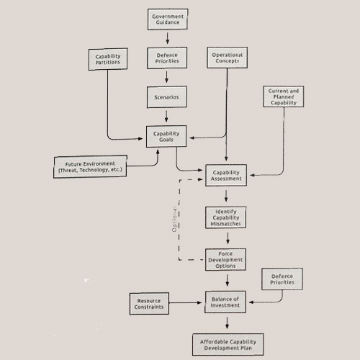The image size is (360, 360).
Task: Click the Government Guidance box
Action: pos(168,19)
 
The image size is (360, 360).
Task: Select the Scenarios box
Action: pos(167,97)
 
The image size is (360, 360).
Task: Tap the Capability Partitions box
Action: pos(108,59)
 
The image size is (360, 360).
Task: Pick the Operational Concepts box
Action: pos(228,58)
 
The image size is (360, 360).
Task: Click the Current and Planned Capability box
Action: pos(284,96)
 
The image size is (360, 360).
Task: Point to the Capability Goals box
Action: pos(166,136)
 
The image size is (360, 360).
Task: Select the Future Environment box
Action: pos(90,166)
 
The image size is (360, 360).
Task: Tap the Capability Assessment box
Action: pos(226,175)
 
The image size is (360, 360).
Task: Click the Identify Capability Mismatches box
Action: pos(225,217)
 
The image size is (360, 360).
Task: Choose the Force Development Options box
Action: pos(225,259)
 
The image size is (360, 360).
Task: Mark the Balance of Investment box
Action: pos(225,302)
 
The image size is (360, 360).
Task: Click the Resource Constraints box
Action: pos(149,304)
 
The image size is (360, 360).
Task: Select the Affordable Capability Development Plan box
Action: pos(228,344)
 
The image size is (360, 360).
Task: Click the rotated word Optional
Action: pos(174,219)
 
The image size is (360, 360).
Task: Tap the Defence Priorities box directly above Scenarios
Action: pos(167,58)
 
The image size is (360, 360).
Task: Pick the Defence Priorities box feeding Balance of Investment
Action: pos(282,279)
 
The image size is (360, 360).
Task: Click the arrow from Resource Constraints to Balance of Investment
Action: pos(185,302)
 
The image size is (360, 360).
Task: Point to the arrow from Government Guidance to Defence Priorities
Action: pos(167,38)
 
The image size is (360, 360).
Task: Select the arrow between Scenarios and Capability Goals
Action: pos(166,116)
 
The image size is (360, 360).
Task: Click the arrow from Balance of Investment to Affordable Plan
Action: pos(227,323)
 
